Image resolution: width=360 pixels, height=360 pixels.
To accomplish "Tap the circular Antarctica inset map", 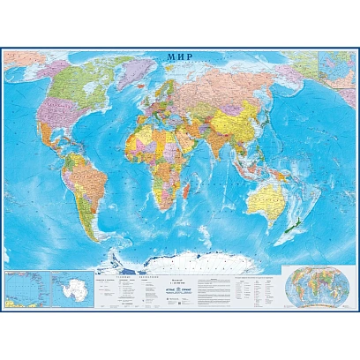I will tap(67, 287).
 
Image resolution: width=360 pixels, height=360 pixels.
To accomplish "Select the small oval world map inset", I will tap(307, 285).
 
